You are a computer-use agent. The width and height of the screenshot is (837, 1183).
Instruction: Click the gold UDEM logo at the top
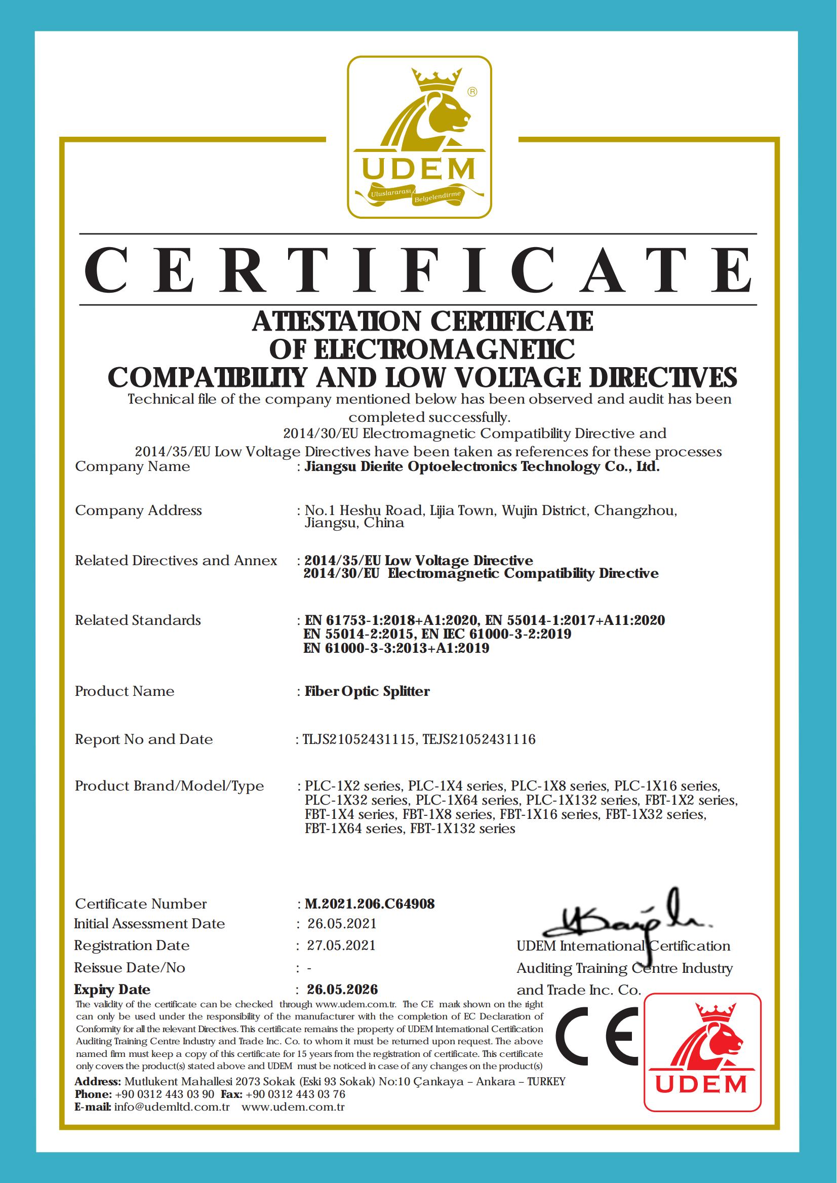(x=419, y=137)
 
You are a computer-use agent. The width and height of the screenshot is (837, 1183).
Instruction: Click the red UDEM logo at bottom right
(x=702, y=1052)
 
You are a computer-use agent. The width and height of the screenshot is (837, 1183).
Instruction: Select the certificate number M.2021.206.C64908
(x=370, y=903)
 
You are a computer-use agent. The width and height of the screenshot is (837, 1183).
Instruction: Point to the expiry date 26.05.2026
(x=342, y=989)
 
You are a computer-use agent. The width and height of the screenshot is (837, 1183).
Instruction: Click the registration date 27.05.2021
(x=341, y=945)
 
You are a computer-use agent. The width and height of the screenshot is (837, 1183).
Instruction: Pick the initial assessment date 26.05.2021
(x=342, y=923)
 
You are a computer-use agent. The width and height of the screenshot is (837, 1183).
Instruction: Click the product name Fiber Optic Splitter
(x=367, y=691)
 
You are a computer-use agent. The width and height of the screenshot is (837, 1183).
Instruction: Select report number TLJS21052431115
(x=358, y=739)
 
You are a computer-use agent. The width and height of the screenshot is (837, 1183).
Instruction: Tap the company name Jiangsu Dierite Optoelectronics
(x=482, y=466)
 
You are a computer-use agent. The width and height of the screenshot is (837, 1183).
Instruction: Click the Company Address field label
(x=138, y=510)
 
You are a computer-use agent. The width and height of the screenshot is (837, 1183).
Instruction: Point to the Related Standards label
(x=138, y=620)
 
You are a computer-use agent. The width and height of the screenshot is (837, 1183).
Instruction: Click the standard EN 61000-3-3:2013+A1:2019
(x=396, y=648)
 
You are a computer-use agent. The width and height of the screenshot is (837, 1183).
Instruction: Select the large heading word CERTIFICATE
(x=418, y=269)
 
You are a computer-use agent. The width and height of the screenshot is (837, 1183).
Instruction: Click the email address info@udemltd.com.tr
(x=172, y=1107)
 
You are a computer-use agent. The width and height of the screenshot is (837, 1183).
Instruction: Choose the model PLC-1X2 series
(x=353, y=786)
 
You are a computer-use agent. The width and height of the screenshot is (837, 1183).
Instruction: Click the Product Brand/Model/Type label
(x=169, y=786)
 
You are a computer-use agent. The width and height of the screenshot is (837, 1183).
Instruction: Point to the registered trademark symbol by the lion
(x=471, y=92)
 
